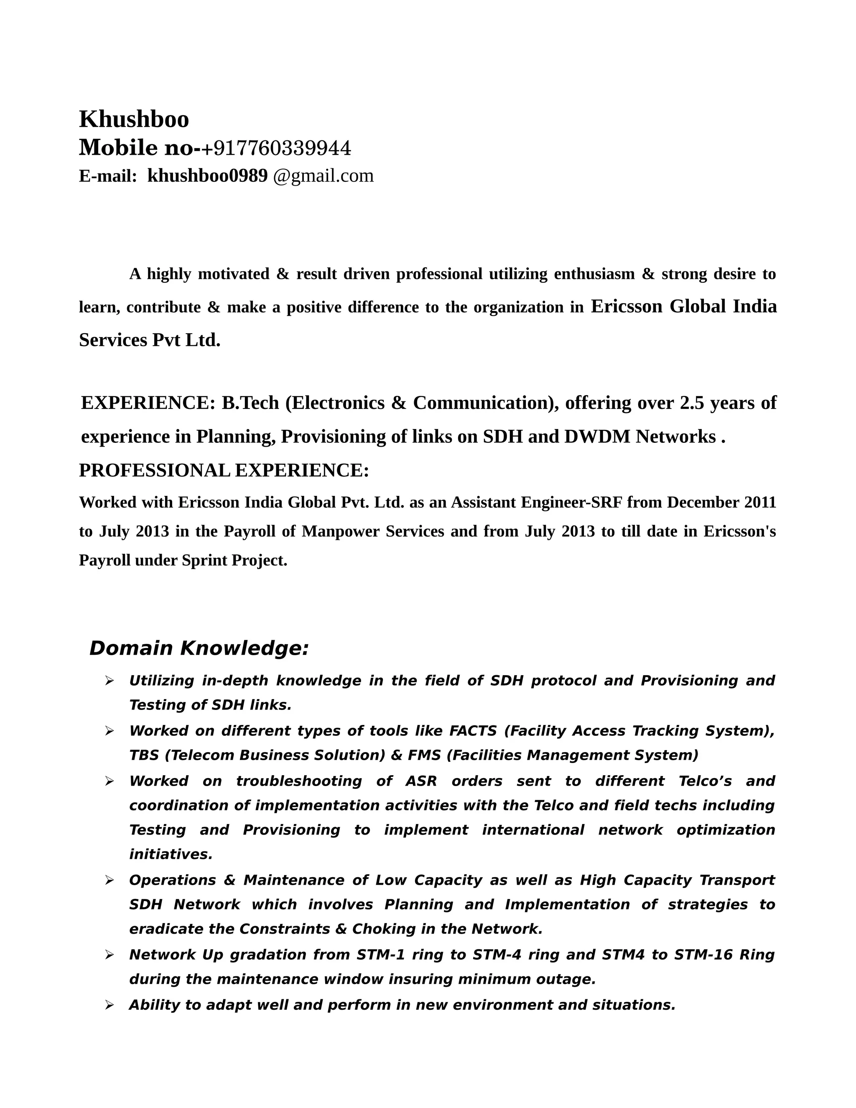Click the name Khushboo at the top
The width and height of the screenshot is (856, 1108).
pyautogui.click(x=134, y=119)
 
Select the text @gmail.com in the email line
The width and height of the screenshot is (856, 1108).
pyautogui.click(x=323, y=176)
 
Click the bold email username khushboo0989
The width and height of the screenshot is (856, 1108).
pyautogui.click(x=207, y=176)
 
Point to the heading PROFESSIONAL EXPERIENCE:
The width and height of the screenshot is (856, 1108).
pyautogui.click(x=224, y=470)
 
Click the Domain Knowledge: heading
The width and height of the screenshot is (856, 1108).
pyautogui.click(x=199, y=648)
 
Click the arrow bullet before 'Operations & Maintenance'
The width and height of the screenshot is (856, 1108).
pyautogui.click(x=109, y=880)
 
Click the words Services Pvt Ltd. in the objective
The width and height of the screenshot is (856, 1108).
pyautogui.click(x=150, y=340)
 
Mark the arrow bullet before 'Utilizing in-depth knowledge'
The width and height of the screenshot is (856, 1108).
pyautogui.click(x=109, y=681)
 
